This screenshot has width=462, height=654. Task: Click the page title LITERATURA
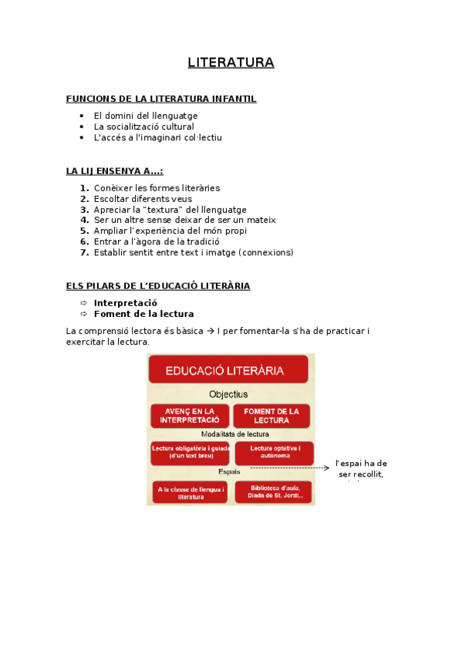point(231,62)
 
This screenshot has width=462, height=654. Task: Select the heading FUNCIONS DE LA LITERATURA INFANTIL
point(161,99)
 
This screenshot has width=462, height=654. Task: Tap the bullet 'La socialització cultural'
point(143,126)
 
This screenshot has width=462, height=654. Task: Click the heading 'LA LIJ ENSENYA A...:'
point(114,171)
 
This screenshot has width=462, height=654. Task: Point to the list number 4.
point(85,220)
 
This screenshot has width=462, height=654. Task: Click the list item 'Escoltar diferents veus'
point(143,198)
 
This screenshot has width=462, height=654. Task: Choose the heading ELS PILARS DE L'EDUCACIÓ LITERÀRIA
point(158,286)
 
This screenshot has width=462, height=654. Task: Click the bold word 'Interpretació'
point(125,303)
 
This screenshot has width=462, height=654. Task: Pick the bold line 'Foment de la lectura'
point(143,314)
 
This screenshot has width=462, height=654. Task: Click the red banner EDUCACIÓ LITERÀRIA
point(231,370)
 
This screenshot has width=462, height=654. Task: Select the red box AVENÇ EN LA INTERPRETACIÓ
point(190,416)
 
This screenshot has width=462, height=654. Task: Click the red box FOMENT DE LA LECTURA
point(271,416)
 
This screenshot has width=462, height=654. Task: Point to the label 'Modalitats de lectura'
point(231,434)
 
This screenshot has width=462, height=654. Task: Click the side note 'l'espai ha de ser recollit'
point(361,468)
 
